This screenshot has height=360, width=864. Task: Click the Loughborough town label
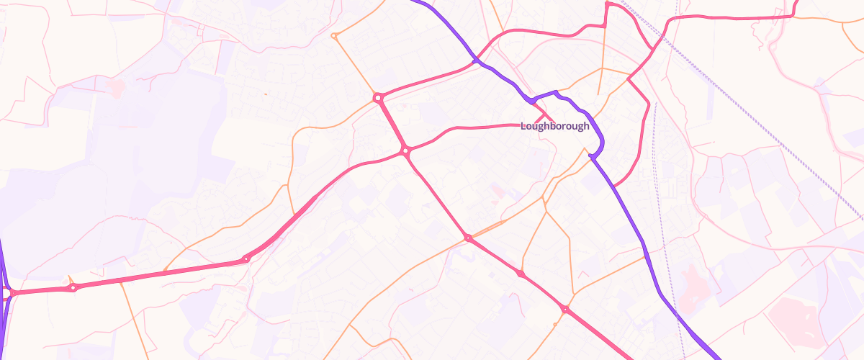(x=554, y=126)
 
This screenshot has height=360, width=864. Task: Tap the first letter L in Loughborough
(x=523, y=126)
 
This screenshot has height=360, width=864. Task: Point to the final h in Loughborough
(x=586, y=126)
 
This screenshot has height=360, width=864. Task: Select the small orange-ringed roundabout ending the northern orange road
(x=333, y=35)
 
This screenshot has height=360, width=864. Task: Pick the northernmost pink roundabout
(x=377, y=97)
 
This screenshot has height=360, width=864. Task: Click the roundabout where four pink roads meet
(x=406, y=151)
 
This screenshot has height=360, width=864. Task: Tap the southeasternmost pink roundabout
(x=566, y=310)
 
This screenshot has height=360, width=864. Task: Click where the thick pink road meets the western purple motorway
(x=6, y=293)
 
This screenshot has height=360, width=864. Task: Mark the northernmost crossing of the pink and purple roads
(x=476, y=61)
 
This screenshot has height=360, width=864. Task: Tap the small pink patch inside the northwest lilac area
(x=115, y=87)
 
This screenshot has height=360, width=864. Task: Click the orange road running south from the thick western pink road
(x=133, y=317)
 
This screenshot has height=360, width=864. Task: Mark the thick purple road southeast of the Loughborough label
(x=634, y=223)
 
